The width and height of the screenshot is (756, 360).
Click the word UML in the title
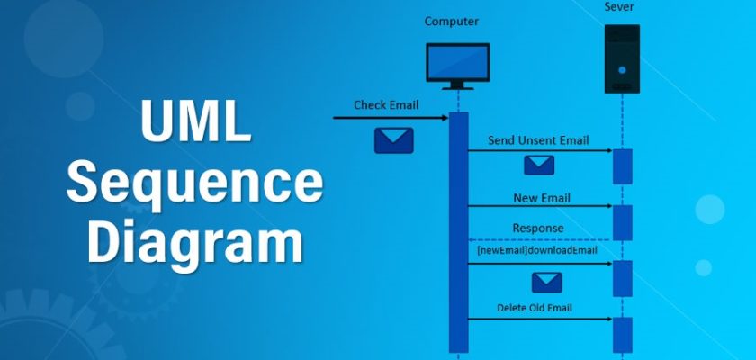[195, 124]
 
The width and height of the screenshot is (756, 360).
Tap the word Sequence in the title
[195, 184]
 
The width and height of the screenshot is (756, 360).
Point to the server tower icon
[622, 58]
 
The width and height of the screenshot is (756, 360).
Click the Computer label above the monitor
[451, 21]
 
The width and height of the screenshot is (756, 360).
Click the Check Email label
[386, 104]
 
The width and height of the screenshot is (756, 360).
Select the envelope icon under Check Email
[393, 139]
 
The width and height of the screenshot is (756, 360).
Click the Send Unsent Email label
[538, 140]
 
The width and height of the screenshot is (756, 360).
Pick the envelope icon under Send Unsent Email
[539, 165]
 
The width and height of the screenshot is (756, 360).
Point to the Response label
[538, 228]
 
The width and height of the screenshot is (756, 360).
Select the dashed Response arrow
[539, 240]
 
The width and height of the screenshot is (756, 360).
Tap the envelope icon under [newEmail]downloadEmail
[545, 283]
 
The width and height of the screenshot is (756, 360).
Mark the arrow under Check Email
[390, 117]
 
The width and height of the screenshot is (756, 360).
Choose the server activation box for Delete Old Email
[622, 334]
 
